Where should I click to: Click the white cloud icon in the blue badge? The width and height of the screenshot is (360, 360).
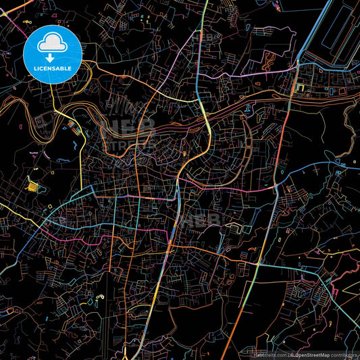pyautogui.click(x=52, y=43)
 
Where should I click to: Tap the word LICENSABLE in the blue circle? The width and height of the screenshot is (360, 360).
pyautogui.click(x=52, y=69)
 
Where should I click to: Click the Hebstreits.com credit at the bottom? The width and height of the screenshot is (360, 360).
pyautogui.click(x=269, y=354)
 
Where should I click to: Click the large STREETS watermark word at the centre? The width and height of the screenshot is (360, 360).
pyautogui.click(x=128, y=143)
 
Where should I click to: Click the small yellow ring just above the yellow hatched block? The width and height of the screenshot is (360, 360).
pyautogui.click(x=32, y=172)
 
